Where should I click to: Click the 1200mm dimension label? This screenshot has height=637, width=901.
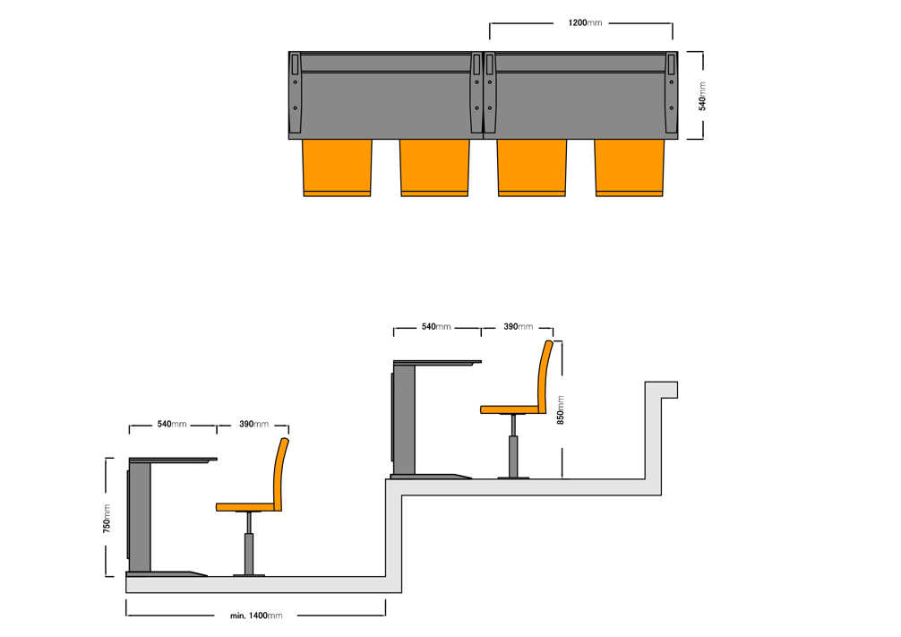pyautogui.click(x=585, y=23)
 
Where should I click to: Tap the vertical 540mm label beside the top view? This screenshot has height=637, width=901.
pyautogui.click(x=702, y=96)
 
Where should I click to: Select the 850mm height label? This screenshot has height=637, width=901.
pyautogui.click(x=561, y=410)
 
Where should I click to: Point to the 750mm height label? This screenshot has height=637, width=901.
pyautogui.click(x=107, y=519)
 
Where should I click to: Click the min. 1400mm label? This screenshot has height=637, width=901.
pyautogui.click(x=256, y=615)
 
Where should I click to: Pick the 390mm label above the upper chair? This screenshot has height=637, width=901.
pyautogui.click(x=519, y=326)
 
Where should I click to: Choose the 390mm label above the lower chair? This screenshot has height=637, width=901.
pyautogui.click(x=254, y=425)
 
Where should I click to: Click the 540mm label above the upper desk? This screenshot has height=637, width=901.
pyautogui.click(x=436, y=326)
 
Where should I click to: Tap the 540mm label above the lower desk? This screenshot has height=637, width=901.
pyautogui.click(x=172, y=425)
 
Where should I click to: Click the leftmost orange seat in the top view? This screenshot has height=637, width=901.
pyautogui.click(x=337, y=168)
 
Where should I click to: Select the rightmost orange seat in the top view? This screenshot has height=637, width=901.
pyautogui.click(x=630, y=168)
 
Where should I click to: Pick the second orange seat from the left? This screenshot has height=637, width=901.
pyautogui.click(x=434, y=168)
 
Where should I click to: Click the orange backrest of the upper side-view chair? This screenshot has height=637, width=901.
pyautogui.click(x=545, y=376)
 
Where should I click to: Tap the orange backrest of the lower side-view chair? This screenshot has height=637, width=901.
pyautogui.click(x=280, y=474)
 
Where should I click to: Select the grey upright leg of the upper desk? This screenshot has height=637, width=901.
pyautogui.click(x=404, y=420)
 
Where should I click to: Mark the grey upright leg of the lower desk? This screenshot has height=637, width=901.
pyautogui.click(x=140, y=518)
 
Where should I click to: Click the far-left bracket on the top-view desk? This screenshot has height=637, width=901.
pyautogui.click(x=296, y=93)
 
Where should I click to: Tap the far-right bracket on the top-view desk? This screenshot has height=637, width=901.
pyautogui.click(x=671, y=93)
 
